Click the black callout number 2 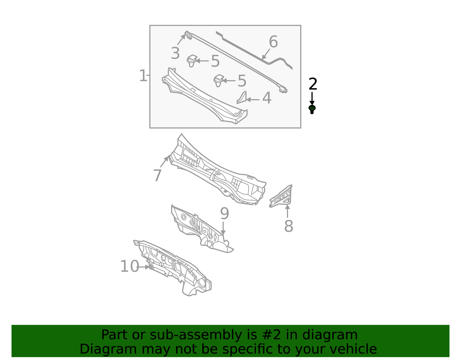click(x=313, y=84)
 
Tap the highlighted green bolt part click(x=312, y=109)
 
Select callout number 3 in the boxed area click(x=175, y=54)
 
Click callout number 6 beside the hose click(x=273, y=42)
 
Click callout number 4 click(x=267, y=98)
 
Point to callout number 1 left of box click(x=143, y=76)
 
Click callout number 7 click(x=157, y=176)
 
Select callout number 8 click(x=288, y=226)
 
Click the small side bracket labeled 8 click(x=282, y=197)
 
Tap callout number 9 click(x=224, y=214)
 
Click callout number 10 click(x=129, y=267)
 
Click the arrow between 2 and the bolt click(x=312, y=99)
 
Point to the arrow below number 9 click(x=223, y=228)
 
